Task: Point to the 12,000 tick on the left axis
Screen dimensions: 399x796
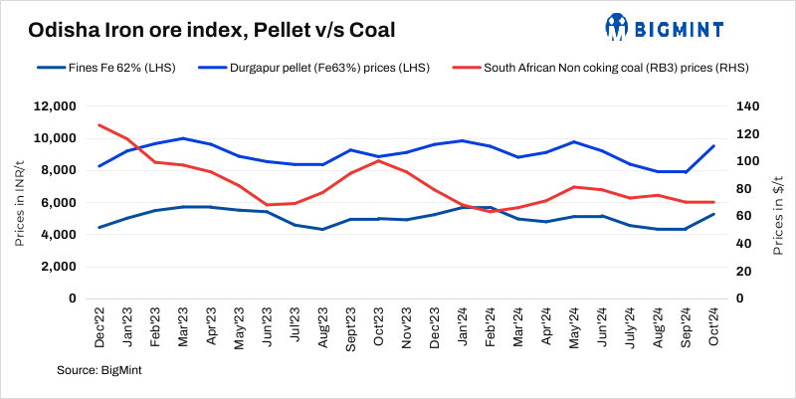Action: (x=56, y=106)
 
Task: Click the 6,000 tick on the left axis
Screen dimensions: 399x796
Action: (x=59, y=203)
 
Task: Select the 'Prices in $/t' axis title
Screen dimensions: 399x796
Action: (x=778, y=203)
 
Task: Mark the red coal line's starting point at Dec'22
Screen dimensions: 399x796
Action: (x=99, y=125)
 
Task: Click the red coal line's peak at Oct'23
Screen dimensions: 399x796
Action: (x=380, y=160)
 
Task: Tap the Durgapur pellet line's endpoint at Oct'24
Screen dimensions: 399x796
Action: (x=714, y=146)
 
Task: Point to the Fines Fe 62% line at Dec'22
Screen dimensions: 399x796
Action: (x=99, y=228)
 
